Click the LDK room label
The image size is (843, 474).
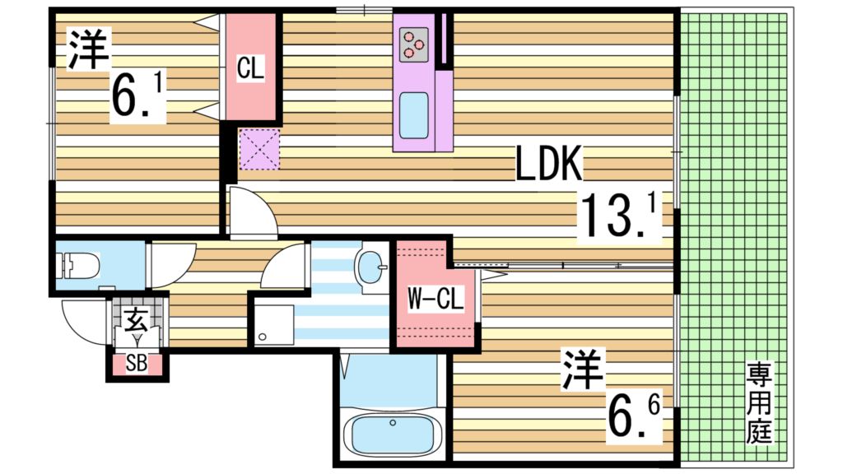click(x=549, y=163)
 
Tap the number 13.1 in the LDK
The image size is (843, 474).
click(x=620, y=216)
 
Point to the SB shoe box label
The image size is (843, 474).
click(x=137, y=364)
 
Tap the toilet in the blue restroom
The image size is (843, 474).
click(x=79, y=266)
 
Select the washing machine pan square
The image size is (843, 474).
click(x=274, y=325)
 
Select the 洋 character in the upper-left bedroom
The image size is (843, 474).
click(x=87, y=50)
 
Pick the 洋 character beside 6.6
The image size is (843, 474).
click(x=583, y=369)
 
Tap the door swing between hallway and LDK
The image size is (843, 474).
click(x=251, y=211)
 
